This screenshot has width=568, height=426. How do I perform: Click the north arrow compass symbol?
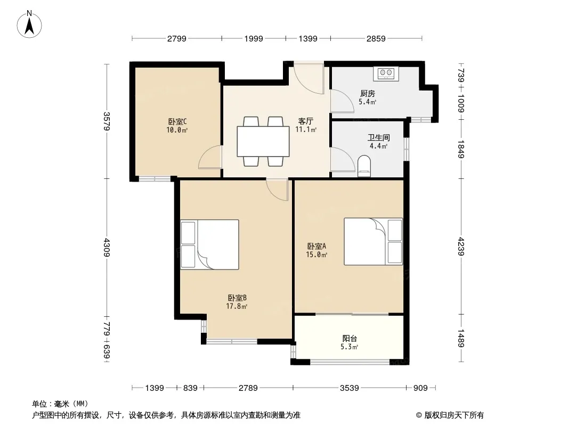(30, 24)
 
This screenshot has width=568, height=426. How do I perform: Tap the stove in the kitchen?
(386, 73)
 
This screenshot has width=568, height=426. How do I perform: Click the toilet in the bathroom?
(364, 166)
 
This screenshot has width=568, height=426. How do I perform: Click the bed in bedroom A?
(373, 241)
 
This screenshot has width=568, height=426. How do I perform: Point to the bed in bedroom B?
(209, 244)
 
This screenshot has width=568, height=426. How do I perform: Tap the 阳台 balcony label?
(350, 338)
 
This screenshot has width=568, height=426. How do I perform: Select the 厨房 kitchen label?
(367, 93)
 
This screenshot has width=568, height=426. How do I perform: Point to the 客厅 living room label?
(305, 121)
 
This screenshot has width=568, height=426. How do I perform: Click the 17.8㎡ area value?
(237, 306)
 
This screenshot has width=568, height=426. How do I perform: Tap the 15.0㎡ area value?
(317, 255)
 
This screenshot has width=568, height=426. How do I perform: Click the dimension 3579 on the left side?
(107, 121)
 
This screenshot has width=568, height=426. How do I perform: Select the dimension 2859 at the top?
(376, 38)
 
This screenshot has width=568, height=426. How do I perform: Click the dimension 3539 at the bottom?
(350, 388)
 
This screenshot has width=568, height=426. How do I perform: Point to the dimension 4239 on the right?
(461, 245)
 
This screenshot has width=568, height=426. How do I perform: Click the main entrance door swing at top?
(309, 79)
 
